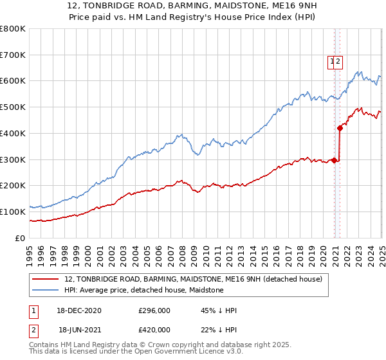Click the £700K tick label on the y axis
point(13,55)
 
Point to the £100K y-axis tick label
point(13,212)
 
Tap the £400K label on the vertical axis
point(13,133)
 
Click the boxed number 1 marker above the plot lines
point(332,62)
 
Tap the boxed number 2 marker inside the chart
point(338,62)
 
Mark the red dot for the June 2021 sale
point(340,128)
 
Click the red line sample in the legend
point(46,278)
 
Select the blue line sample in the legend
point(46,290)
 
